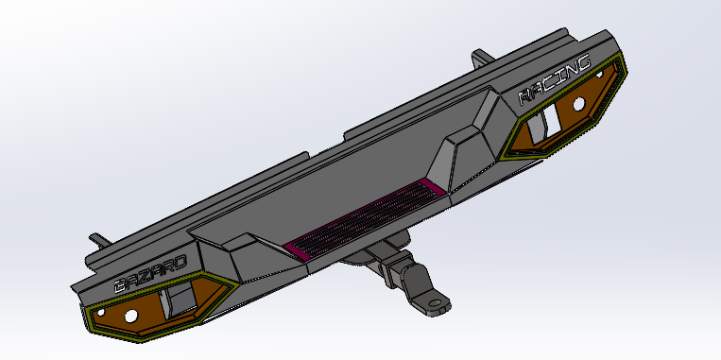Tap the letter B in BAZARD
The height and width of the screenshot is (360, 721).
[x=120, y=284]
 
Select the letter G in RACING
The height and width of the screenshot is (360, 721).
[x=583, y=65]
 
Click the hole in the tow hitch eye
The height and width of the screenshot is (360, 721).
[x=437, y=304]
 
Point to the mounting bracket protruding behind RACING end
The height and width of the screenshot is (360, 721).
[x=481, y=59]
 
